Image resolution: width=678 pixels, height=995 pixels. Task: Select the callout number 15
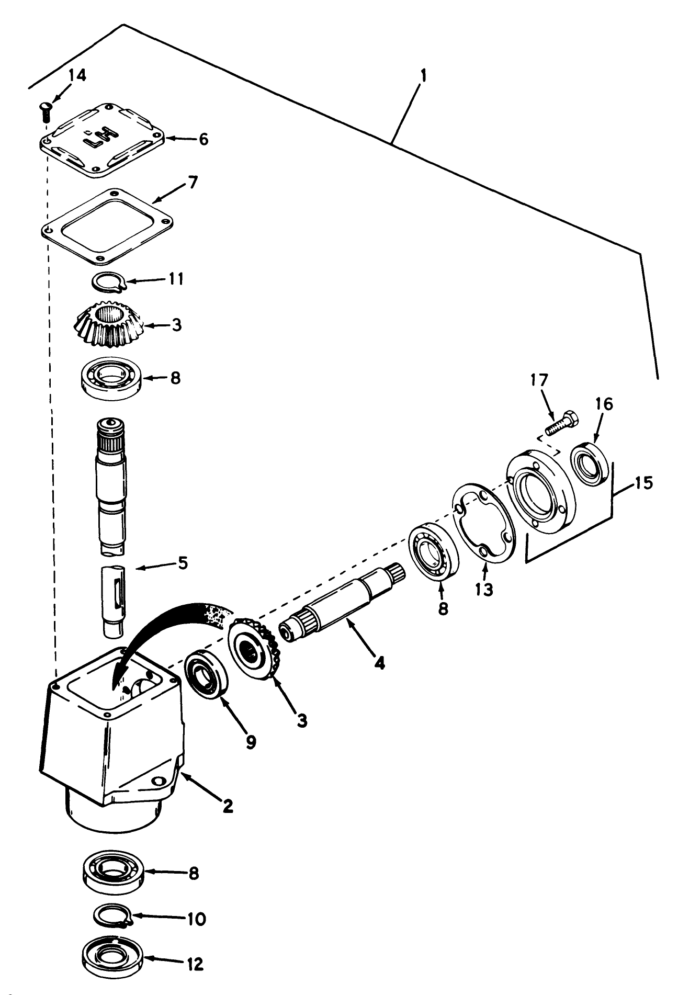(644, 483)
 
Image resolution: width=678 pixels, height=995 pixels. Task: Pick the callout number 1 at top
(423, 76)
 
